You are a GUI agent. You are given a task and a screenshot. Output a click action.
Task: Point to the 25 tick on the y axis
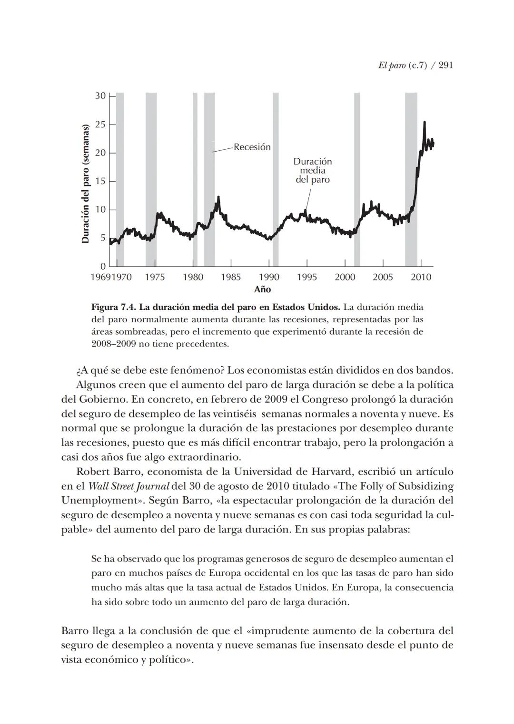(x=100, y=125)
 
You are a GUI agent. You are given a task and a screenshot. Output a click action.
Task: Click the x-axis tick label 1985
(x=231, y=277)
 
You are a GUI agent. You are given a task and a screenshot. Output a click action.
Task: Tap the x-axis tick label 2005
(x=383, y=277)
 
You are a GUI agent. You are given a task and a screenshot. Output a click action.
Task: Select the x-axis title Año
(x=262, y=290)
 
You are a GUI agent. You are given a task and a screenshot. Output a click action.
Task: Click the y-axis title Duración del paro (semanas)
(x=86, y=184)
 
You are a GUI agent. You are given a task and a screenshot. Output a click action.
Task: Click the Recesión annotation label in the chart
(x=252, y=147)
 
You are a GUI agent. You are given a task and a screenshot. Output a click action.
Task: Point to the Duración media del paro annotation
(x=312, y=171)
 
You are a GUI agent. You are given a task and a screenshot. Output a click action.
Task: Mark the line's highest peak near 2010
(x=424, y=123)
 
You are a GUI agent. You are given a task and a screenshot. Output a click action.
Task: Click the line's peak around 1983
(x=218, y=197)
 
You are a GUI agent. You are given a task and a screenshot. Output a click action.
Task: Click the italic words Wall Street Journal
(x=129, y=486)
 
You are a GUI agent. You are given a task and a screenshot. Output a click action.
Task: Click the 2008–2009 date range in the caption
(x=113, y=344)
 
